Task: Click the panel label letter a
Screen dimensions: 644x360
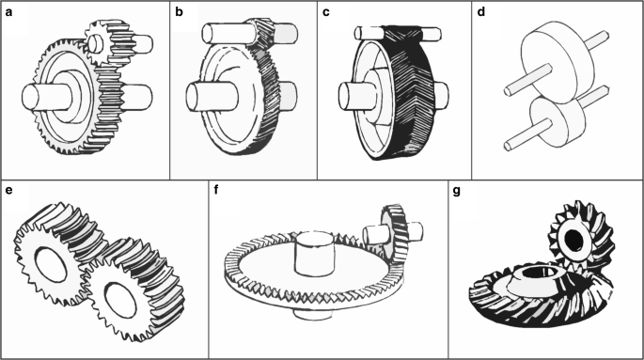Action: coord(9,12)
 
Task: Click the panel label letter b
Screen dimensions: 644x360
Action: coord(179,12)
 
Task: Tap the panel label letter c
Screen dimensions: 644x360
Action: coord(325,12)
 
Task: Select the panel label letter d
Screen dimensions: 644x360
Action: coord(481,12)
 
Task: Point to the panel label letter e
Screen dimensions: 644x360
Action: coord(9,191)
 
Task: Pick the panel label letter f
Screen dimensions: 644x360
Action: coord(217,190)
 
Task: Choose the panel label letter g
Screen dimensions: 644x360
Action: coord(456,192)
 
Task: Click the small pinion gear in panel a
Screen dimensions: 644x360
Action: coord(107,42)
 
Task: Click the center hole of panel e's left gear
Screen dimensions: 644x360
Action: coord(51,264)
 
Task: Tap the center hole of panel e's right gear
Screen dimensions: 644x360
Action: coord(120,299)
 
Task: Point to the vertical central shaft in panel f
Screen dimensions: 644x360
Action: coord(313,253)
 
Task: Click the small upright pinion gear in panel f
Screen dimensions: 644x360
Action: coord(395,233)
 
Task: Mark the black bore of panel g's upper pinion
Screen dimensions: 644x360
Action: coord(574,240)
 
